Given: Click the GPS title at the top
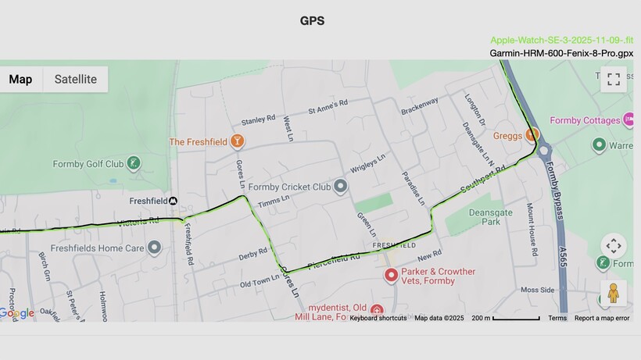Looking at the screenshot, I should click(x=312, y=21).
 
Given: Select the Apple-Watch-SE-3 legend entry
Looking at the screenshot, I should click(x=561, y=40).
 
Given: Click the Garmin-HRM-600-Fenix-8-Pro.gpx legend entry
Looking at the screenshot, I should click(x=561, y=53).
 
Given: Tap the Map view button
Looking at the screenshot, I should click(x=21, y=79).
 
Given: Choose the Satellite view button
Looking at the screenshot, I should click(x=75, y=79).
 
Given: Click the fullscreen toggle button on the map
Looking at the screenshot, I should click(x=614, y=79).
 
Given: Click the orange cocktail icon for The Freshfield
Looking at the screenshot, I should click(x=238, y=141).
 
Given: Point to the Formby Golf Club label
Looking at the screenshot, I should click(x=88, y=164).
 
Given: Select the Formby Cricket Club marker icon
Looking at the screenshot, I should click(x=340, y=187).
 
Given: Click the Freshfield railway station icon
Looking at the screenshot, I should click(x=174, y=201).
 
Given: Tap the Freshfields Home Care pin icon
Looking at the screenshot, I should click(x=155, y=248).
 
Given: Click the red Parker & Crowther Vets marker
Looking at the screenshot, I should click(x=392, y=276).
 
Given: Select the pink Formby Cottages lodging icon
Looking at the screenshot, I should click(x=628, y=120).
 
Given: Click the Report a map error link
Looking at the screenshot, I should click(x=601, y=318).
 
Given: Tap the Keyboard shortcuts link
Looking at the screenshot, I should click(x=378, y=318).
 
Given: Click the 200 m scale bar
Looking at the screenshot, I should click(x=505, y=318).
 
